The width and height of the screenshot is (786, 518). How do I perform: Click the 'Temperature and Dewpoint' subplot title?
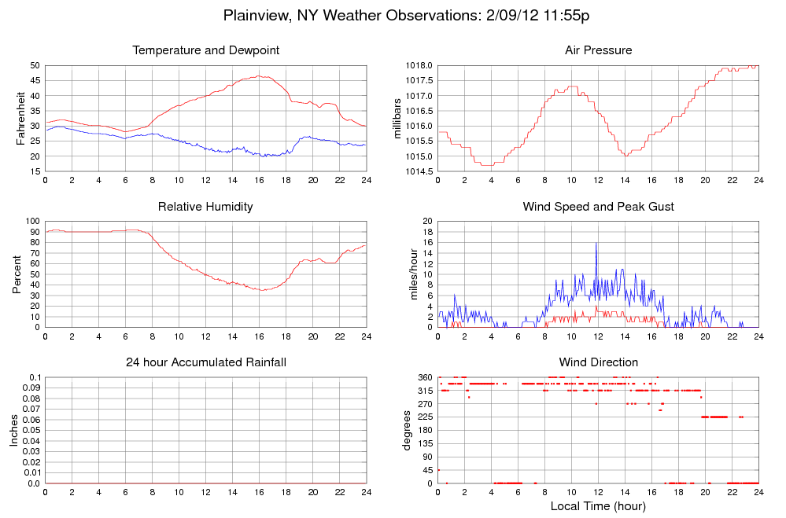pos(206,50)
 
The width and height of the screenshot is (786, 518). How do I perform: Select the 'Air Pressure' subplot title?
pos(598,50)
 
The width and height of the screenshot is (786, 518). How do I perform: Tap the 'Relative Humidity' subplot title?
pos(206,207)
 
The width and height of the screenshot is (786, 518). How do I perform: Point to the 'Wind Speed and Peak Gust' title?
pos(598,207)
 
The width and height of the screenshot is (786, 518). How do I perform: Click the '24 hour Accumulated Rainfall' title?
pos(206,362)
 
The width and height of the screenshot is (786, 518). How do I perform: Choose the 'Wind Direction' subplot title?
pos(598,362)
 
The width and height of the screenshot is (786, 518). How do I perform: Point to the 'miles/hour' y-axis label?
pos(408,273)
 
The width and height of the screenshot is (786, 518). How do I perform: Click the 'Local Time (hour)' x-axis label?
pos(598,506)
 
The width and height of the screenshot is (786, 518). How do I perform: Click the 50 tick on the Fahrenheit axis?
pos(35,65)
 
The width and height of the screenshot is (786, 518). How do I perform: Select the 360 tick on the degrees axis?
pos(424,377)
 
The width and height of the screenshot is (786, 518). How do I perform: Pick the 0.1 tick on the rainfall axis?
pos(35,377)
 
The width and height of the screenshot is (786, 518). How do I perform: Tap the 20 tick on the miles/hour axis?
pos(426,221)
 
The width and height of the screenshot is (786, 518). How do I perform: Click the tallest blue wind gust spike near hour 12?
pos(596,244)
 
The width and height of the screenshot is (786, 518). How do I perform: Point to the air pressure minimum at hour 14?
pos(626,156)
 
